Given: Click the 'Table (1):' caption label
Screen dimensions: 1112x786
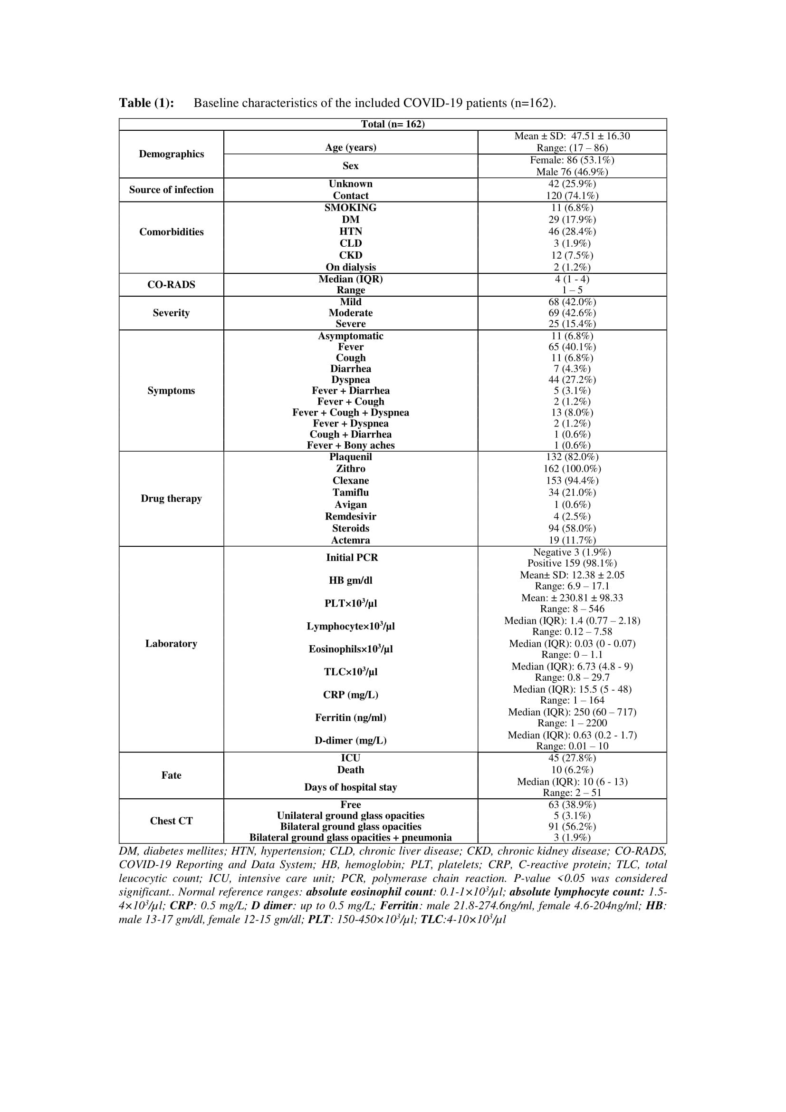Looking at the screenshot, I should tap(146, 103).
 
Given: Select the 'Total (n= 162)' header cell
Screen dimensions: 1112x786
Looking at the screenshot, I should tap(393, 124).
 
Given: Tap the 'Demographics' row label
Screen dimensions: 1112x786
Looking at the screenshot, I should tap(172, 154).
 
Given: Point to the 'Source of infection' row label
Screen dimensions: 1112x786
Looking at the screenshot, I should tap(172, 190).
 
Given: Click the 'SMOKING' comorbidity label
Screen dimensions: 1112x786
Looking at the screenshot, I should tap(350, 208).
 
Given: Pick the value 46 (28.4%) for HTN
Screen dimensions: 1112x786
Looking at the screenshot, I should tap(572, 232).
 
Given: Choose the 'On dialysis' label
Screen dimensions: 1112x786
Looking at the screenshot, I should tap(350, 267).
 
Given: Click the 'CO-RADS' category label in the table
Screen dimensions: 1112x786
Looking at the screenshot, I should tap(172, 285).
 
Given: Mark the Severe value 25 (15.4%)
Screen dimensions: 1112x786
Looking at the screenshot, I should tap(572, 324).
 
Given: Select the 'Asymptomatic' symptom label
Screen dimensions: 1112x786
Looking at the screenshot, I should tap(350, 336).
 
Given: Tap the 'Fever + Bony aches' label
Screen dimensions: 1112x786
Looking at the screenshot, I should tap(350, 445).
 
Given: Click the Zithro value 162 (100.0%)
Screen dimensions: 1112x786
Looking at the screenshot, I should tap(572, 469).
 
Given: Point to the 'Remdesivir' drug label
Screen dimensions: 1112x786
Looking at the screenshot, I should tap(350, 517).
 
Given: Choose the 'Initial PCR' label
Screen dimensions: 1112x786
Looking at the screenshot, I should tap(351, 558).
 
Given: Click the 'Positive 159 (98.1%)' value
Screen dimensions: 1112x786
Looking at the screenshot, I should tap(572, 563).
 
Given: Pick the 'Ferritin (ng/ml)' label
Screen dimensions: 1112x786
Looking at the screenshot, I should tap(350, 718).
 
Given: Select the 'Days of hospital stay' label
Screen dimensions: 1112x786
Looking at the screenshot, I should tap(350, 787).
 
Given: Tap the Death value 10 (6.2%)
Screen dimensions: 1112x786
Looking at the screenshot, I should tap(572, 770).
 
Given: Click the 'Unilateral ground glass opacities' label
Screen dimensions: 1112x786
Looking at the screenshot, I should tap(350, 816).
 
